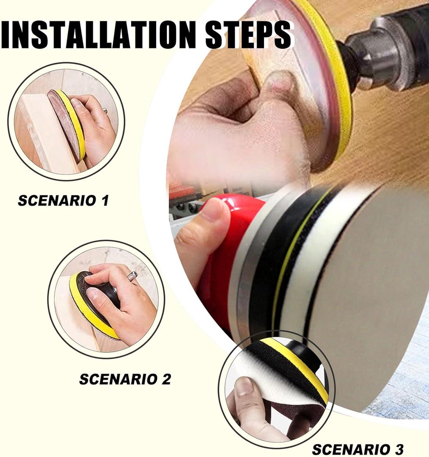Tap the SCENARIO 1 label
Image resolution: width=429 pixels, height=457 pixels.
(x=63, y=200)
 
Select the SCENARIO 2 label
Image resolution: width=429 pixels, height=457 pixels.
(x=125, y=379)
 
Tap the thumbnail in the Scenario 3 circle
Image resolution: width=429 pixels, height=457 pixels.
(x=245, y=387)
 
